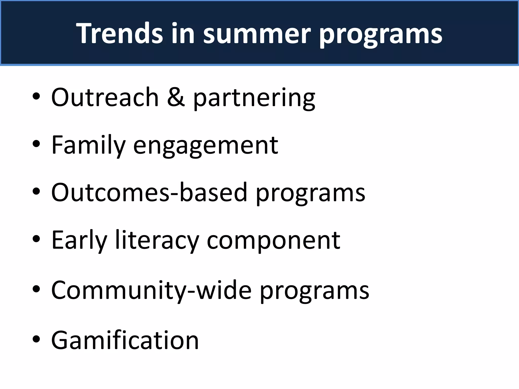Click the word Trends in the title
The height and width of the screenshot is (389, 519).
coord(121,33)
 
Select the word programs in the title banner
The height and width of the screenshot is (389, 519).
coord(380,34)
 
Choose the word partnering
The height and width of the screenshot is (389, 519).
coord(254,98)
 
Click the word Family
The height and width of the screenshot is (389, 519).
coord(88,145)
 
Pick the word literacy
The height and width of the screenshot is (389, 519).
coord(157,241)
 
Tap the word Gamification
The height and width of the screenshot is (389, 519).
coord(125,340)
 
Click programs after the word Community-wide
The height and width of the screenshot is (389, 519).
coord(314,291)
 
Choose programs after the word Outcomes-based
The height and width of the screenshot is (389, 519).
coord(310,193)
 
